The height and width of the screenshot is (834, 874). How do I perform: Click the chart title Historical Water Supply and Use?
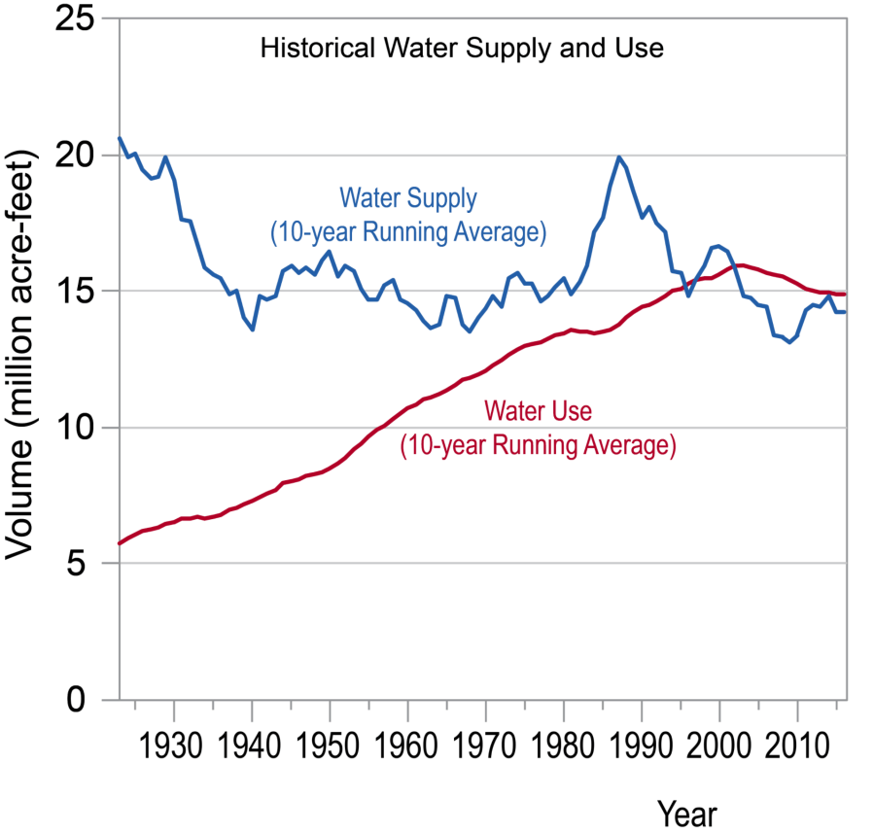pos(462,49)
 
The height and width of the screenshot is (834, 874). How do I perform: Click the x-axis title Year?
pos(687,812)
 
